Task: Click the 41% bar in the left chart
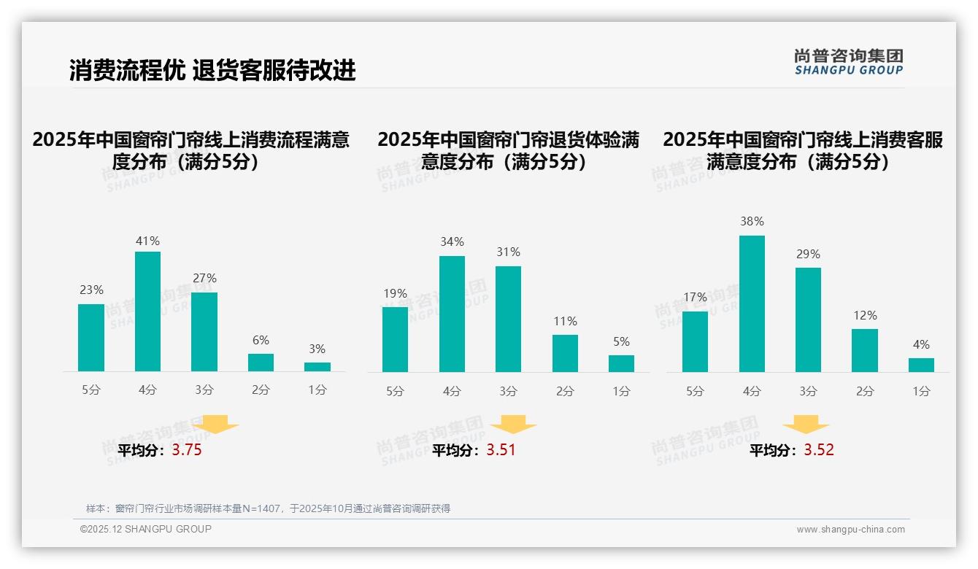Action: (148, 311)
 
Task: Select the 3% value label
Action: (317, 349)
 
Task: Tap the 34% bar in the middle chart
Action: (452, 314)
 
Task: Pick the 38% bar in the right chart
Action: (752, 303)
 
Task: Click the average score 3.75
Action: (187, 450)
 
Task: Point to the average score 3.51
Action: (501, 450)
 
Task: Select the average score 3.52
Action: (819, 450)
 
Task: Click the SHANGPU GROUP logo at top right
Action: (848, 62)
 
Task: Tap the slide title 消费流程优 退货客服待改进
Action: (212, 70)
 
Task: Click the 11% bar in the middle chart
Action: (565, 353)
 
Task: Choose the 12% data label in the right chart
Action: (865, 315)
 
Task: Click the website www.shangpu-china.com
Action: (850, 530)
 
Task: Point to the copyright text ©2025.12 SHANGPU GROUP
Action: (146, 529)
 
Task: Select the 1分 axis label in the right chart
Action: (921, 391)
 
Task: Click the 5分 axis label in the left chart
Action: (91, 390)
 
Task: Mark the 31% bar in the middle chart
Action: (508, 319)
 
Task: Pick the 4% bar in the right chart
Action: (921, 365)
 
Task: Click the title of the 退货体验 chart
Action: (508, 150)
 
